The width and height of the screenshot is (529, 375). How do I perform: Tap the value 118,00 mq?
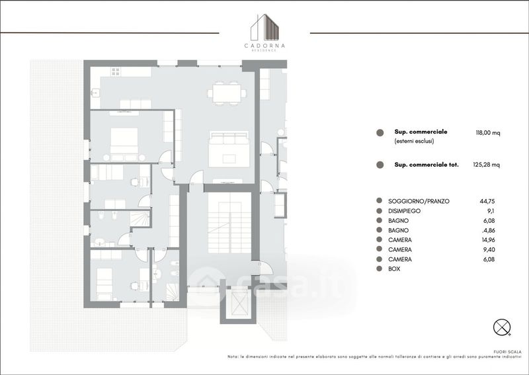[488, 133]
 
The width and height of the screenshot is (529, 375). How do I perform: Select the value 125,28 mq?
[486, 165]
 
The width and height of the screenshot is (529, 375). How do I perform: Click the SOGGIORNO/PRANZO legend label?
[419, 201]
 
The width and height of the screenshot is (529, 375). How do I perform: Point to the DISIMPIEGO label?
[404, 211]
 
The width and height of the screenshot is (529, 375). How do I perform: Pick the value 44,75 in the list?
[487, 201]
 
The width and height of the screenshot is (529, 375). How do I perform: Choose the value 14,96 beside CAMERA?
[487, 240]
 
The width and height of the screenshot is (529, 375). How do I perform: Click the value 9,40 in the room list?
[487, 250]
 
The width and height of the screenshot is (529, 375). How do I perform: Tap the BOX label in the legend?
[394, 269]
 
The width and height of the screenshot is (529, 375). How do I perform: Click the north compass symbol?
[502, 327]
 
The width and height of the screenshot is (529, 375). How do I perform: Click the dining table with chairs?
[226, 93]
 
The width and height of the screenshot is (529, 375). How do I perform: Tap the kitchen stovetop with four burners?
[115, 71]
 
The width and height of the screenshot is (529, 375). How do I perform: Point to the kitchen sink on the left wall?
[95, 93]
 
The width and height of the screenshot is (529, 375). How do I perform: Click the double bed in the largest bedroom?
[124, 141]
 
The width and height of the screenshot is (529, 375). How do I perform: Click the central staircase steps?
[229, 223]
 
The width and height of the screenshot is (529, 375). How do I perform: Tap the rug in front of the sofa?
[229, 159]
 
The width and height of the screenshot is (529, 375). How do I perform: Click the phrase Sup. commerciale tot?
[427, 165]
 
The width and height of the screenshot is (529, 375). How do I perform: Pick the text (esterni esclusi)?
[415, 142]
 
